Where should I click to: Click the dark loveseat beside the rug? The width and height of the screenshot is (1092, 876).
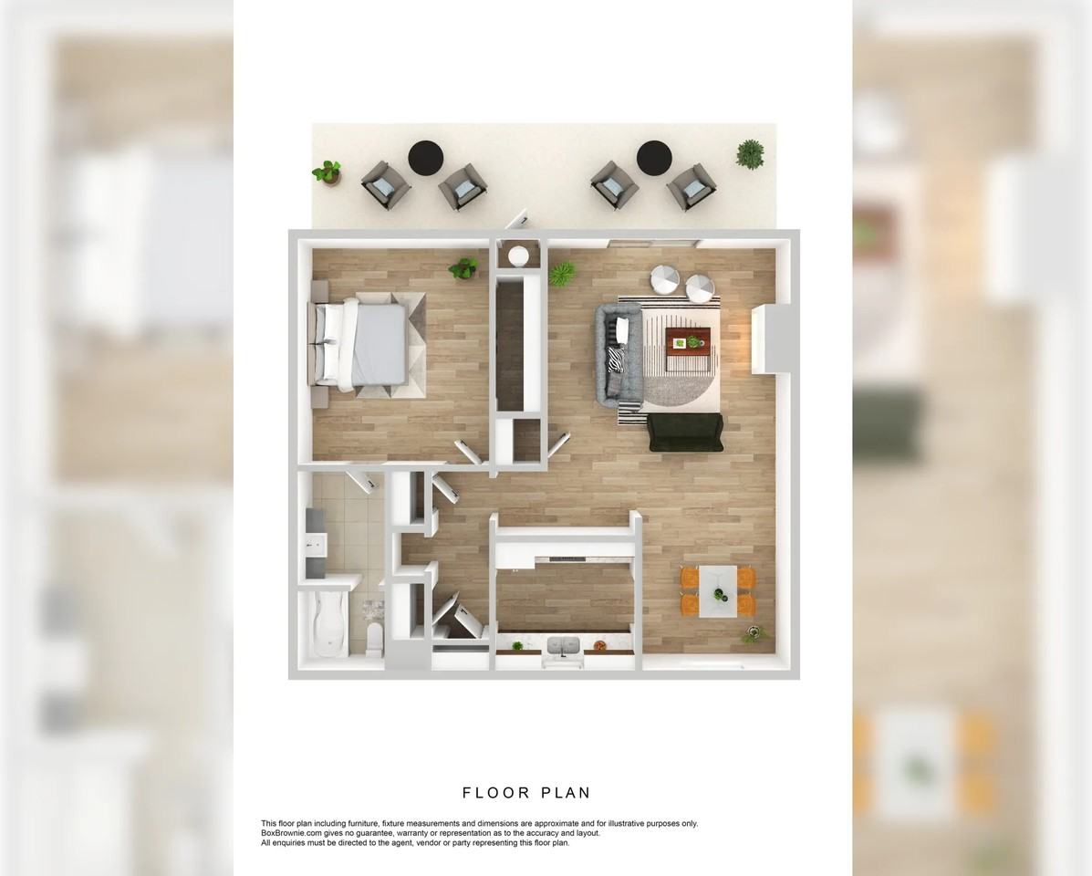point(685,432)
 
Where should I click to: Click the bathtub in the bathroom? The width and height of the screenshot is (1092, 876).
point(327,626)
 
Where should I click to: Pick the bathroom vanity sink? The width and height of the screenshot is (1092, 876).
point(315,546)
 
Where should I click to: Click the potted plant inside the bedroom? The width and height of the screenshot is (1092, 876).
point(463,268)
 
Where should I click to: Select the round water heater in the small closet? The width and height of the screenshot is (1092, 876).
point(519,255)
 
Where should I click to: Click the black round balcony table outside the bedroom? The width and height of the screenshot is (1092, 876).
point(424,157)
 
